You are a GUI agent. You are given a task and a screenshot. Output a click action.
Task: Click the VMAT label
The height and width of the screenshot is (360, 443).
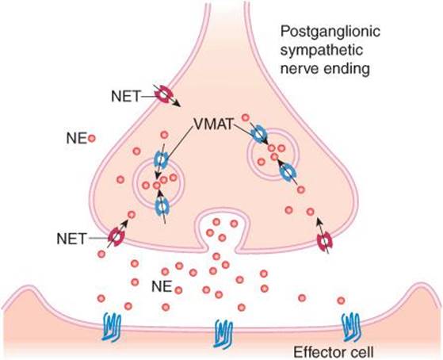click(x=214, y=124)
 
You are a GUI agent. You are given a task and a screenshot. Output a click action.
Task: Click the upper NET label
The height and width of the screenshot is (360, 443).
click(x=126, y=97)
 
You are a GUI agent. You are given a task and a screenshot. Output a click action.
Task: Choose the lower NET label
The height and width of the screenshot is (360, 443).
click(x=71, y=239)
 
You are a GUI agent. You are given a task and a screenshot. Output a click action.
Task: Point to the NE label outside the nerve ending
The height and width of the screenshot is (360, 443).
click(x=76, y=139)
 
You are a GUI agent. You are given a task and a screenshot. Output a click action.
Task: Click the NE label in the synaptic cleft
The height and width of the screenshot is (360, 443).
click(x=162, y=287)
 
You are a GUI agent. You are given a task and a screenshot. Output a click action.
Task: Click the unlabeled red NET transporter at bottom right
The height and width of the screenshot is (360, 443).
click(x=325, y=242)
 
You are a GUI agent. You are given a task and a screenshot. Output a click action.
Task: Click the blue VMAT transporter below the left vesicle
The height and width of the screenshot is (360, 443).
click(x=162, y=206)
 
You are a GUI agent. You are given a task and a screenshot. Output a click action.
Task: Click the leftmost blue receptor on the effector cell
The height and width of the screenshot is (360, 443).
click(x=112, y=327)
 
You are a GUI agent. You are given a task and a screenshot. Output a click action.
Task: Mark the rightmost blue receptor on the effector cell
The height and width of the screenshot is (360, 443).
click(x=351, y=327)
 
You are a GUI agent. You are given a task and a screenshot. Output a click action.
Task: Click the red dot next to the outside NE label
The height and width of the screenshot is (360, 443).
click(x=92, y=139)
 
